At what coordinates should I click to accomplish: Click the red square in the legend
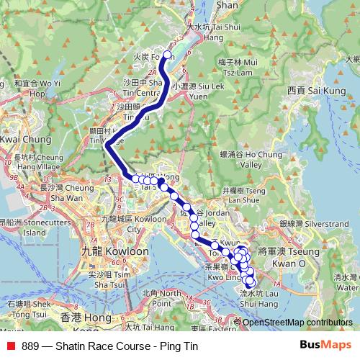click(11, 346)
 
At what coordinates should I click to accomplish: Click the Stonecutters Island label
click(23, 228)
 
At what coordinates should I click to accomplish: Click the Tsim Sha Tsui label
click(104, 279)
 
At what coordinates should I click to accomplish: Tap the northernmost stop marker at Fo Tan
click(168, 55)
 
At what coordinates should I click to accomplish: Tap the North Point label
click(161, 298)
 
